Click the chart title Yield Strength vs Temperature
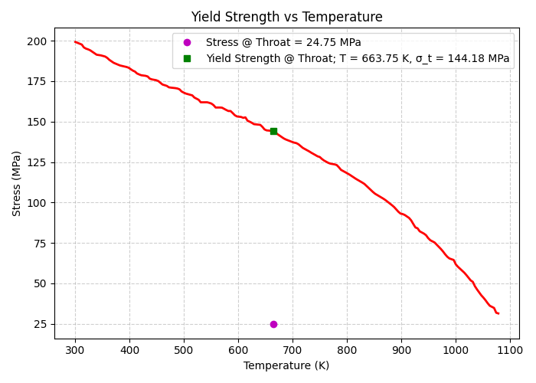click(x=286, y=17)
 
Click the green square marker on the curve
click(x=273, y=131)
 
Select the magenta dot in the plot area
click(x=273, y=324)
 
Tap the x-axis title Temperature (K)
click(x=286, y=365)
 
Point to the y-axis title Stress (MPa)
click(x=17, y=183)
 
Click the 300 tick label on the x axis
click(x=75, y=350)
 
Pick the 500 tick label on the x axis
click(x=184, y=350)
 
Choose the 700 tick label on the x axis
click(x=293, y=350)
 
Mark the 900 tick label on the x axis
click(x=401, y=350)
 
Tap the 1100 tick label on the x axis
click(x=510, y=350)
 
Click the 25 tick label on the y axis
click(x=40, y=324)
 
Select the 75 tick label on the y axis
click(x=40, y=244)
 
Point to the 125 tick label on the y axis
click(x=37, y=162)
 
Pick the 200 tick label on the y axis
click(x=37, y=41)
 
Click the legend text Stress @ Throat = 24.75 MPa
click(x=283, y=43)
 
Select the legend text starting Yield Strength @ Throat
click(x=358, y=58)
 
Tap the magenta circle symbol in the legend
click(x=187, y=43)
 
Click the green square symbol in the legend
click(x=187, y=58)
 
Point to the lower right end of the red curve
click(x=498, y=313)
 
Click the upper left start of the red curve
click(x=75, y=41)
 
